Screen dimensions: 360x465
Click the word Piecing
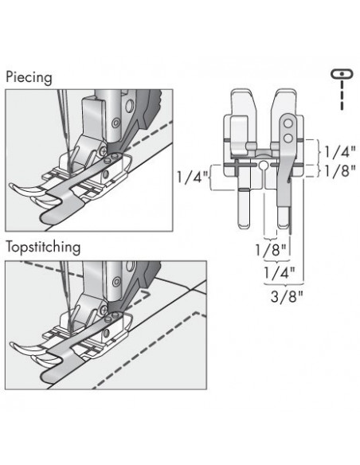pos(29,78)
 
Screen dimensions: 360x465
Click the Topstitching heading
pos(43,247)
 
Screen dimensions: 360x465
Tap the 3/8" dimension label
pos(288,296)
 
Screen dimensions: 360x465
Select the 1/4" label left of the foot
pos(192,178)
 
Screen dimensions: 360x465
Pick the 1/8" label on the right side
pos(340,171)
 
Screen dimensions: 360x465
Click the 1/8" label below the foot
pos(272,250)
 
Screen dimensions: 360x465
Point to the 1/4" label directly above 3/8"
pos(280,273)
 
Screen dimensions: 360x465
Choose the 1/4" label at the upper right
pos(340,152)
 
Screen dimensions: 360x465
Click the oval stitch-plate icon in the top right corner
pos(342,73)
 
